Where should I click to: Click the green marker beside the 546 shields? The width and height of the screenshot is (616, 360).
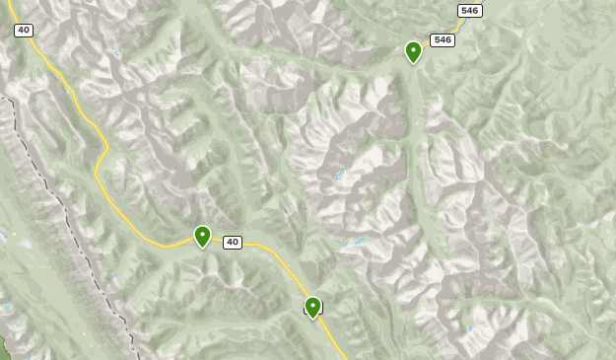coord(413,51)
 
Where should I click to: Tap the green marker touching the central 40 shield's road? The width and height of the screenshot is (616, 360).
coord(202,236)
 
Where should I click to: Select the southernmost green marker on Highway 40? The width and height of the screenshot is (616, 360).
coord(312,307)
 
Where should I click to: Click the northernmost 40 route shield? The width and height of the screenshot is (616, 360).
coord(23,31)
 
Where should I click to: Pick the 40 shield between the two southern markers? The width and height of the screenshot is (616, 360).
coord(233,242)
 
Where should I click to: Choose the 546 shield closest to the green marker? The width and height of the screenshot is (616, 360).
coord(443,40)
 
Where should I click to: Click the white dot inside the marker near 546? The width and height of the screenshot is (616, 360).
coord(413,48)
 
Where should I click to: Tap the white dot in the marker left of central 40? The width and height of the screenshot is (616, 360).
coord(202,233)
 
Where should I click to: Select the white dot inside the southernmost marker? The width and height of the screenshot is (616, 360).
coord(312,304)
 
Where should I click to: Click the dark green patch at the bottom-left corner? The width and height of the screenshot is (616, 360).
coord(4,347)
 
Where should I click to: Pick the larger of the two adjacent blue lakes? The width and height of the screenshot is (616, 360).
coord(360,241)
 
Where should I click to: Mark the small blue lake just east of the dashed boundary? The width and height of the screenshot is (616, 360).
coord(114,277)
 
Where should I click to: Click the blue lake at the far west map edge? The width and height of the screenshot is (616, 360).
coord(3,236)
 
